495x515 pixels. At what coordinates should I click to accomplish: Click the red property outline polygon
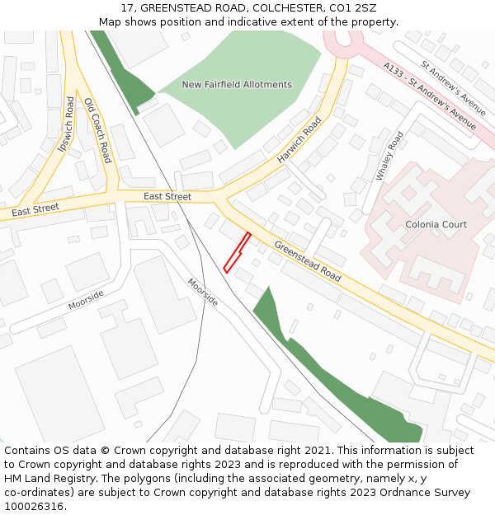(237, 252)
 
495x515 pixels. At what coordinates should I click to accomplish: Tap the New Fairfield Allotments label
(237, 85)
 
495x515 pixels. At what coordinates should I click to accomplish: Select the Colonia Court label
(436, 224)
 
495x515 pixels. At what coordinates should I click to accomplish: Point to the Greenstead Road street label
(308, 261)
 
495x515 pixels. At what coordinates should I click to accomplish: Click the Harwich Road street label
(299, 139)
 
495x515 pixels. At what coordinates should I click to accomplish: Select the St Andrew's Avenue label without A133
(453, 83)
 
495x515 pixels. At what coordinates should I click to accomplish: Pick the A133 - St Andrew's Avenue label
(429, 96)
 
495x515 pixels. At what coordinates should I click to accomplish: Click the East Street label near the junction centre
(167, 197)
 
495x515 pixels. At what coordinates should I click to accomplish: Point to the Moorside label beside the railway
(202, 292)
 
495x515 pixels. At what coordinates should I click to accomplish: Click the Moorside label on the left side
(86, 300)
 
